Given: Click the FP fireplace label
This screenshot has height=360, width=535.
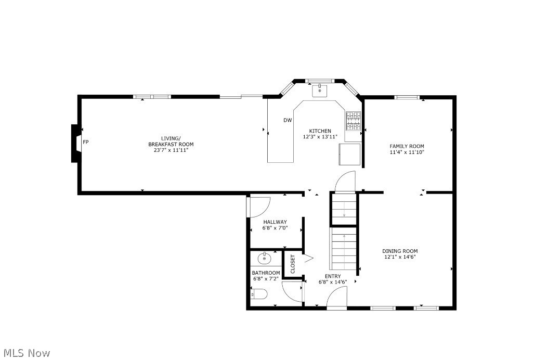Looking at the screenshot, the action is tap(86, 142).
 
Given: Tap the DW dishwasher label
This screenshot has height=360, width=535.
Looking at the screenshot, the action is tap(288, 120).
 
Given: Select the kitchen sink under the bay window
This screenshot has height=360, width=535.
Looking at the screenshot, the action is tap(320, 91).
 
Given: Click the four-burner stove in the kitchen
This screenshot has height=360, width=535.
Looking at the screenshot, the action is tap(354, 121).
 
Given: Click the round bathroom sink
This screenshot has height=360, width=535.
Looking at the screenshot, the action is tap(264, 259).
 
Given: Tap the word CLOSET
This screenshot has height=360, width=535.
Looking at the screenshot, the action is tap(293, 264).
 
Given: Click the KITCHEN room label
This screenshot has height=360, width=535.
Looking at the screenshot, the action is tap(320, 131).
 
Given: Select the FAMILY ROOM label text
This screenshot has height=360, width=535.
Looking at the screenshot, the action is tap(407, 146).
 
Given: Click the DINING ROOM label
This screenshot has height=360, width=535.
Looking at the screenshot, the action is tap(400, 251).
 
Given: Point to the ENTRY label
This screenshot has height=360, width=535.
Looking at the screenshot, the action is tap(333, 276).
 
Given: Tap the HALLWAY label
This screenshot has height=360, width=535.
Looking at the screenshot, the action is tap(275, 222).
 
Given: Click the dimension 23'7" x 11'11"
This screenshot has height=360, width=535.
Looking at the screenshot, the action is tap(171, 150).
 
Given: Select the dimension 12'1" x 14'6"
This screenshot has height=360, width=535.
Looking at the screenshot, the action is tap(400, 257).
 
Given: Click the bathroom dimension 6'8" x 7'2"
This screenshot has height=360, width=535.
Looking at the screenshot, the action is tap(266, 279).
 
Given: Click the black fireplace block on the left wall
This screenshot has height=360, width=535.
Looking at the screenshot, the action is tap(75, 144).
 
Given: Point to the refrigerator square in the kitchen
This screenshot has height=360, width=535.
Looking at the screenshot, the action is tap(349, 154).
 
